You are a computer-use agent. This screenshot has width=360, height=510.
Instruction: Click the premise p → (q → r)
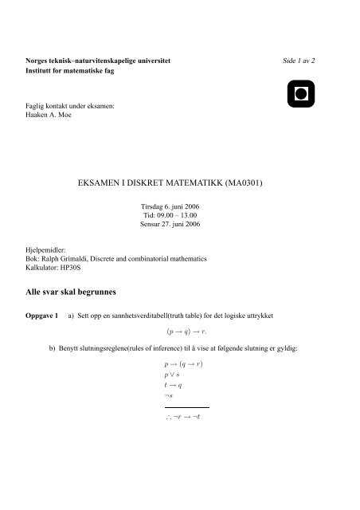pos(183,363)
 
